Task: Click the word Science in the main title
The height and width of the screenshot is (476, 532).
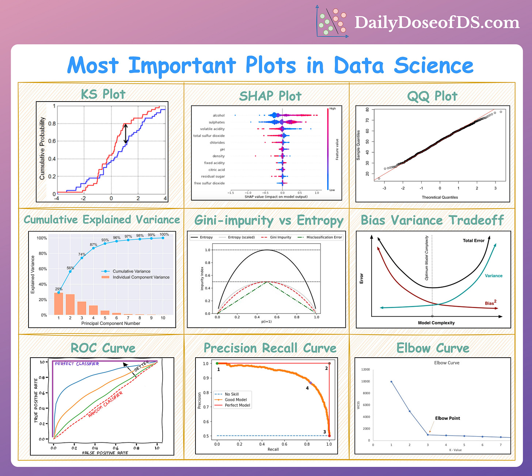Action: coord(434,66)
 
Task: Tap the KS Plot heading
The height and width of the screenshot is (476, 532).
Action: coord(103,94)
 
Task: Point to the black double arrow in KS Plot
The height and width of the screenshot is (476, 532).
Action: coord(126,134)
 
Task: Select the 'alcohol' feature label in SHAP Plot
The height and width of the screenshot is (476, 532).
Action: coord(218,115)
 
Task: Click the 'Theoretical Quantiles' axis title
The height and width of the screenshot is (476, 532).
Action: coord(440,197)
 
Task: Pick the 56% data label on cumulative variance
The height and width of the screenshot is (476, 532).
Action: coord(70,268)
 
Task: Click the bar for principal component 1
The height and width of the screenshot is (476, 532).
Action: coord(58,304)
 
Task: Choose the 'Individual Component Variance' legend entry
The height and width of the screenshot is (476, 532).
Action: coord(141,277)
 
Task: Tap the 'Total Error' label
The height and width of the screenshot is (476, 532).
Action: coord(474,241)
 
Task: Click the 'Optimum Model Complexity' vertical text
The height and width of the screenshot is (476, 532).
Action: coord(426,258)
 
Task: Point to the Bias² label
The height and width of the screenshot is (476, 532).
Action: coord(490,303)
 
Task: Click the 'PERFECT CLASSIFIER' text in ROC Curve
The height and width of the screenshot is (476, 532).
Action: coord(77,364)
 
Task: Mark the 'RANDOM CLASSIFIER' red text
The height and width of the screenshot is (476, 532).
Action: coord(105,404)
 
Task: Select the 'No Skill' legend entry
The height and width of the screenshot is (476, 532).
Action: coord(232,394)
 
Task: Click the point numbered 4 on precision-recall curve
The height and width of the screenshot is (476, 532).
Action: coord(311,383)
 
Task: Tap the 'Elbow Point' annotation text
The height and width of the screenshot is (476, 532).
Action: coord(447,418)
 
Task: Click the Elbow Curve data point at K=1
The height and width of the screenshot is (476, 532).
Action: coord(391,382)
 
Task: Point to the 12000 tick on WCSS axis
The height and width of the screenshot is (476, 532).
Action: coord(365,370)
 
